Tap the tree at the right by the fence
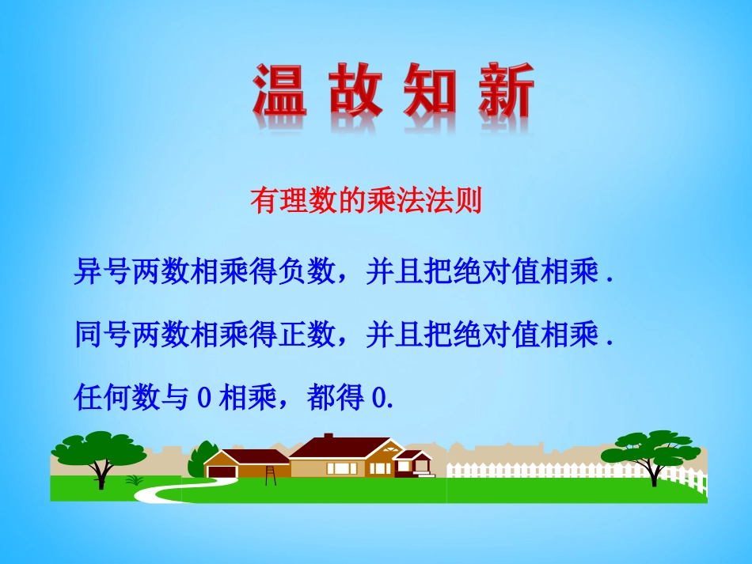coord(651,453)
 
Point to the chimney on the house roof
coord(329,437)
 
